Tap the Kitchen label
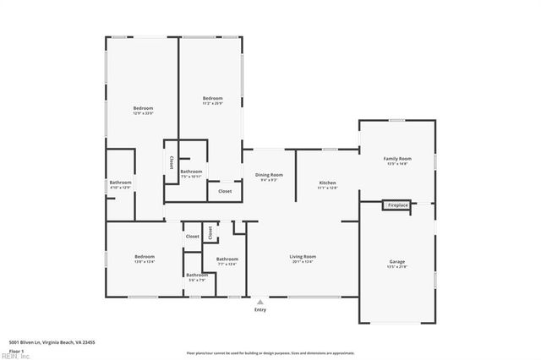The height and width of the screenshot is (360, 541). click(327, 183)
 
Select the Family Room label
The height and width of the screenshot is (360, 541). click(396, 159)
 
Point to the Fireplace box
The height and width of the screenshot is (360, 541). click(397, 205)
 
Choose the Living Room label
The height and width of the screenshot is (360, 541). click(302, 256)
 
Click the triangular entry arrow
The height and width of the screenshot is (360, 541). click(260, 300)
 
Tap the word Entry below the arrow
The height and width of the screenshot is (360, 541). click(260, 309)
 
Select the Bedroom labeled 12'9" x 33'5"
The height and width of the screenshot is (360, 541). click(143, 108)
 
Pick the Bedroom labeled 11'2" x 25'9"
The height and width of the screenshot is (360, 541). click(212, 99)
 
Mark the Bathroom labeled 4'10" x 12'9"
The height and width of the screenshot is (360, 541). click(120, 183)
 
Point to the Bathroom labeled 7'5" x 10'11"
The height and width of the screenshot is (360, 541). click(191, 172)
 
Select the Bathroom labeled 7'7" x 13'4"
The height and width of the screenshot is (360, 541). click(227, 259)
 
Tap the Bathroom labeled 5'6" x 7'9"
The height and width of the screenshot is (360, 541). click(197, 275)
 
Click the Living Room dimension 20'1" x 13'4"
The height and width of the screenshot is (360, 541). click(302, 262)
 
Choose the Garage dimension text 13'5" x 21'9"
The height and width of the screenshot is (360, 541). click(396, 267)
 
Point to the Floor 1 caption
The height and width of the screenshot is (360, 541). click(17, 350)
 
